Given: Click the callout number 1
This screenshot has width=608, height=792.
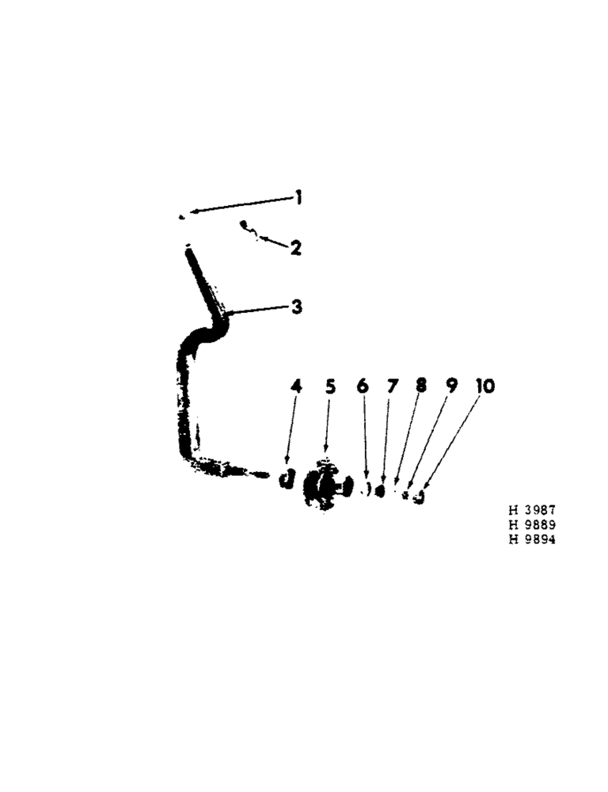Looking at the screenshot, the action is coord(299,197).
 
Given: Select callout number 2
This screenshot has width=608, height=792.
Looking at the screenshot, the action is coord(295,248).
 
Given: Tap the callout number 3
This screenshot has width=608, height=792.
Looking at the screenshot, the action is coord(296,307).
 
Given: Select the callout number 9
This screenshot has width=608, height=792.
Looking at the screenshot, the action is coord(450,386).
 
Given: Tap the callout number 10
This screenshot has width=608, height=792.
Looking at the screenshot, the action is coord(484,386).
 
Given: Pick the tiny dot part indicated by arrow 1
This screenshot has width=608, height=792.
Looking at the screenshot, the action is coord(182,215).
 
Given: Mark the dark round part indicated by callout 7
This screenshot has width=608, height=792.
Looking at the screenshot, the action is coord(381,491).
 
